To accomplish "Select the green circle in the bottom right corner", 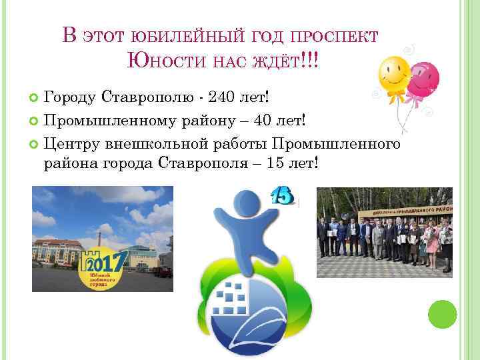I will [441, 315].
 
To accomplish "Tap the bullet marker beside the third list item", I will [35, 143].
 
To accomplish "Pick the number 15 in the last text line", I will [276, 163].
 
